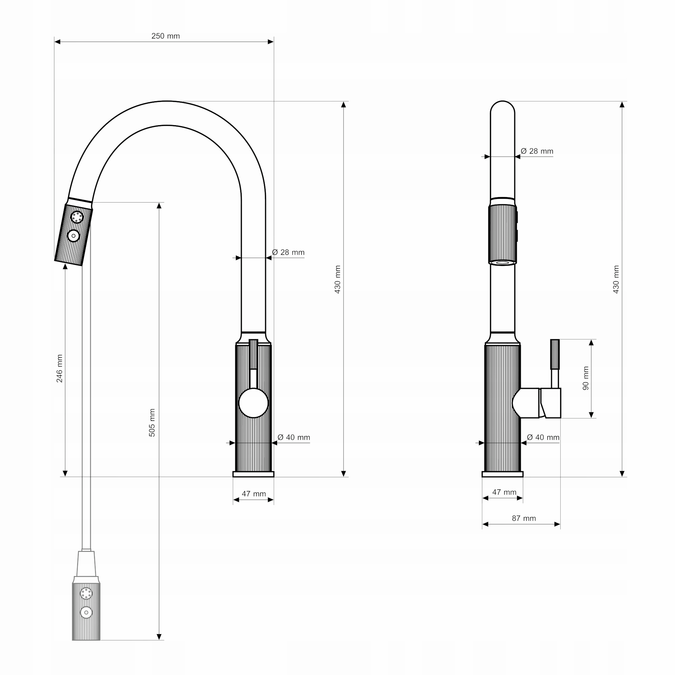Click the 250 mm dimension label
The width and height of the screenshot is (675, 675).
(x=166, y=36)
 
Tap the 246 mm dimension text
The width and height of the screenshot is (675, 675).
(x=59, y=369)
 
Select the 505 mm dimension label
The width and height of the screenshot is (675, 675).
(x=152, y=423)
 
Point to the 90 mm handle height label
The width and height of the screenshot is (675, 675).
(x=586, y=378)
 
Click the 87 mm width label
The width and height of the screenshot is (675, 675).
(x=524, y=518)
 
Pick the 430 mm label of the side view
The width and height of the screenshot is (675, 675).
(x=616, y=279)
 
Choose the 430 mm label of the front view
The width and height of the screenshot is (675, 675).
(x=337, y=279)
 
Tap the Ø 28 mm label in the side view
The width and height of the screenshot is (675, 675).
(x=537, y=151)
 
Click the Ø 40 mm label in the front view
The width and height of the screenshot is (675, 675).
(x=294, y=437)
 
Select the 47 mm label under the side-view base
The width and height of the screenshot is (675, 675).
(x=504, y=492)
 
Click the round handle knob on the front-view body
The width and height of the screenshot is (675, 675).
(x=254, y=403)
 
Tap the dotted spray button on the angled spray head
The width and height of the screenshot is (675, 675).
(x=77, y=217)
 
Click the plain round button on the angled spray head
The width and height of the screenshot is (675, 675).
(x=73, y=236)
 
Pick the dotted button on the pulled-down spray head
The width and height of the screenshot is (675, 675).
(x=86, y=593)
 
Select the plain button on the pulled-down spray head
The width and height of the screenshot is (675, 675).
(x=86, y=613)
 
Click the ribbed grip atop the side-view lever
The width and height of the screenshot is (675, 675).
(x=555, y=354)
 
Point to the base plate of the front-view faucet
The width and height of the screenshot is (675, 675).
(x=253, y=474)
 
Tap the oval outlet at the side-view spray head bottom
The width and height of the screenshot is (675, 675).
(x=503, y=263)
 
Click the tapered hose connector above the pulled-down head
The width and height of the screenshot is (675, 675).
(x=86, y=564)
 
